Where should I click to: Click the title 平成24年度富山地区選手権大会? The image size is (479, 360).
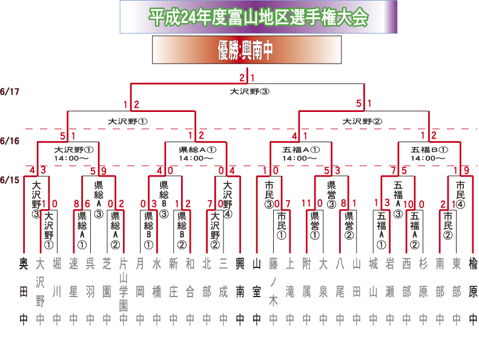(x=259, y=17)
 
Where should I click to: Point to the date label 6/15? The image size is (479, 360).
(x=10, y=180)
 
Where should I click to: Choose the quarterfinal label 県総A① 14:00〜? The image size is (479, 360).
(x=198, y=154)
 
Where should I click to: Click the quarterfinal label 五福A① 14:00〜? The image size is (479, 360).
(x=300, y=154)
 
